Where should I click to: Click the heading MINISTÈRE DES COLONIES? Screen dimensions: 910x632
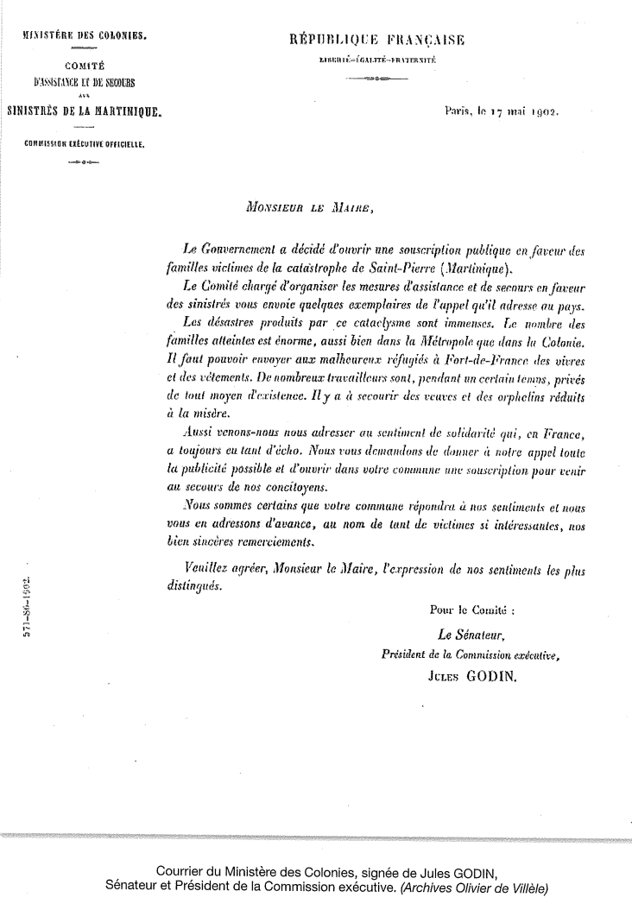click(84, 37)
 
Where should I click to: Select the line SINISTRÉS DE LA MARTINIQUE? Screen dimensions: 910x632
click(84, 111)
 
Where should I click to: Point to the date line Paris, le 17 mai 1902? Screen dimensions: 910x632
click(500, 111)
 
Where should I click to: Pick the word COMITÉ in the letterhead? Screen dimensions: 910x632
click(84, 65)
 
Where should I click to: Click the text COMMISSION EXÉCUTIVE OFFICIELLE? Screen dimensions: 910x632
click(84, 144)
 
